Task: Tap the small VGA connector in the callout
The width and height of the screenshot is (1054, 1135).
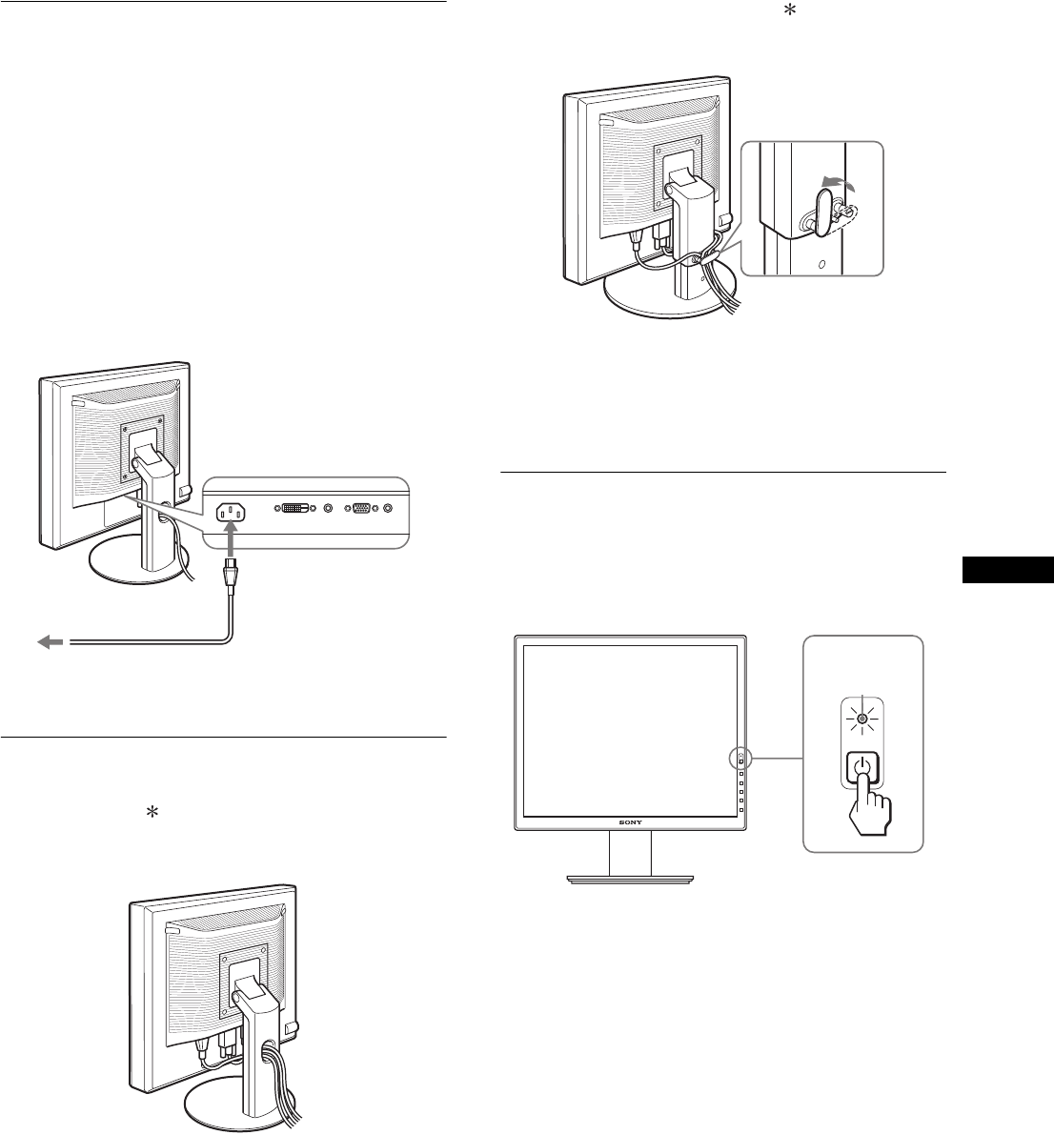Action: [362, 510]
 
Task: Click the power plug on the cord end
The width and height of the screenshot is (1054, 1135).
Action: [230, 578]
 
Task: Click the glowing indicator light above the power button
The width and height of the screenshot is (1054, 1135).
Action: [861, 720]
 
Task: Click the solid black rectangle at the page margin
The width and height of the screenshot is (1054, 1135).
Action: [1007, 570]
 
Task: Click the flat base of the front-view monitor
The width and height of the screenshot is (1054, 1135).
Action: [631, 878]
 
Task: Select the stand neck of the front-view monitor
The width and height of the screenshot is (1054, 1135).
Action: [631, 852]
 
